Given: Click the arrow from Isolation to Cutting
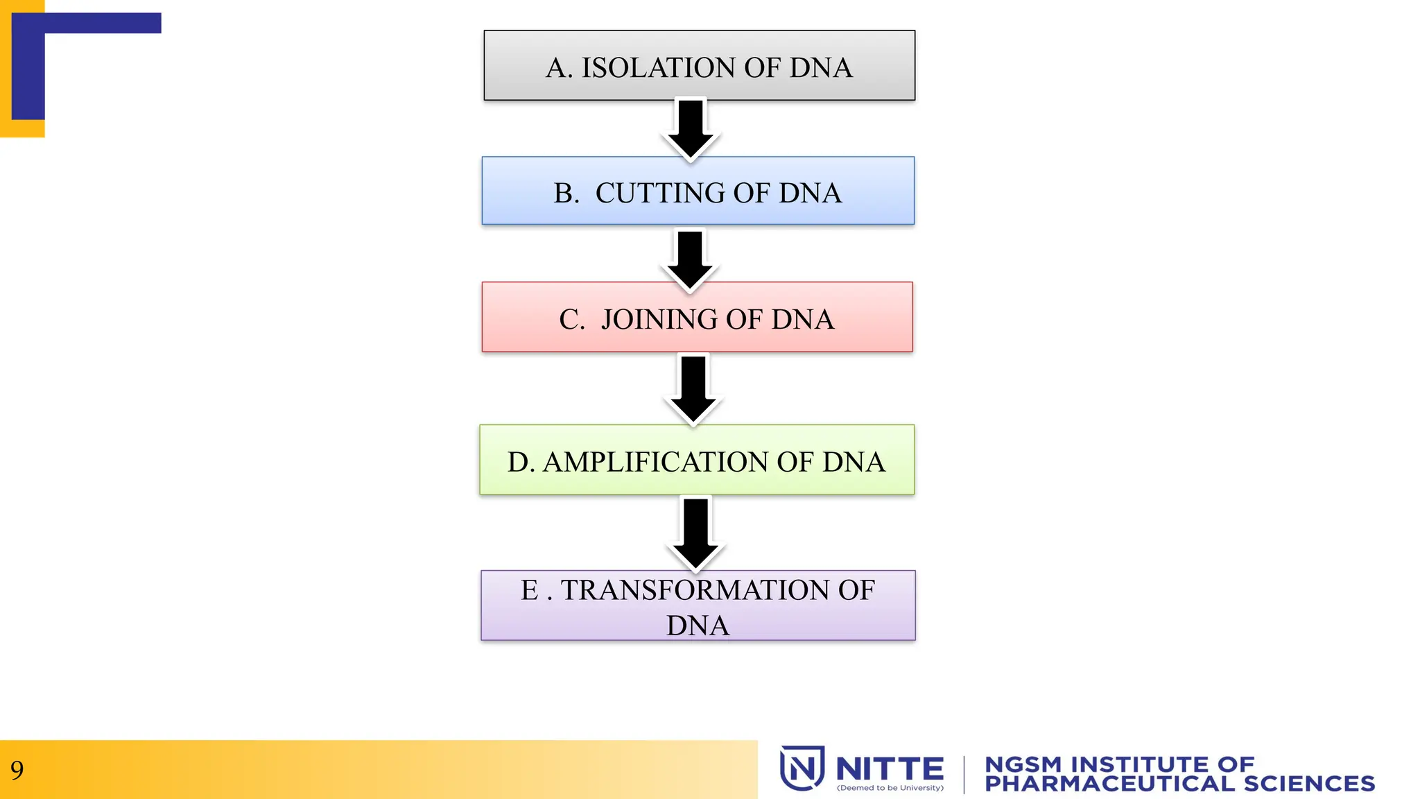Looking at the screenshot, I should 691,129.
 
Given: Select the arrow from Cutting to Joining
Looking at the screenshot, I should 690,260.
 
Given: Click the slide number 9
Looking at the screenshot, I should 17,770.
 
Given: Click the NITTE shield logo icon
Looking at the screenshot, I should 802,768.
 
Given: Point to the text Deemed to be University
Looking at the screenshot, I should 890,788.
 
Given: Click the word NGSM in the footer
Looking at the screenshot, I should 1023,764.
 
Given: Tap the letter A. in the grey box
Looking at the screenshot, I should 559,68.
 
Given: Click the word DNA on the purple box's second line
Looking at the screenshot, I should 698,626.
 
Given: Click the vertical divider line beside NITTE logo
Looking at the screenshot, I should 964,775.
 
